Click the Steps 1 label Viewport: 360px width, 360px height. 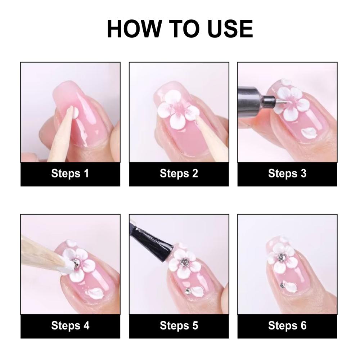point(70,174)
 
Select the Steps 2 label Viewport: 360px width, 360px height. point(179,174)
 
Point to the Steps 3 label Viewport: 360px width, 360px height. point(287,174)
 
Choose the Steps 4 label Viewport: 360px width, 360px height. point(70,325)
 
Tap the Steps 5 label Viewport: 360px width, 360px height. point(179,325)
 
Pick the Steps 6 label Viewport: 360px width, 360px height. point(287,325)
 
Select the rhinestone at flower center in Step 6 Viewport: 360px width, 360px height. point(280,257)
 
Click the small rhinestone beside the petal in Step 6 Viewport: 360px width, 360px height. point(282,285)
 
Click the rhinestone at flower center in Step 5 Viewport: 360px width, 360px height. point(184,261)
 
